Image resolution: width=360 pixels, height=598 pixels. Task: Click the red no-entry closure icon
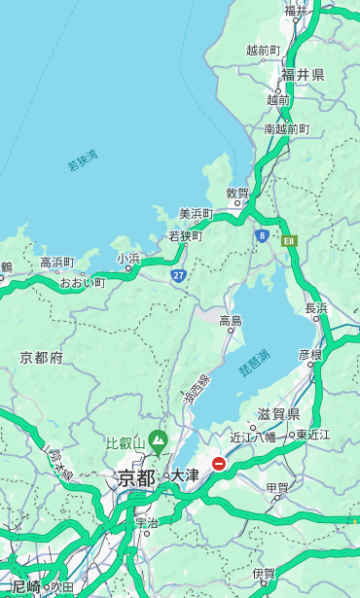tap(219, 465)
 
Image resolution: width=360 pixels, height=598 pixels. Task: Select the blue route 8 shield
tap(262, 235)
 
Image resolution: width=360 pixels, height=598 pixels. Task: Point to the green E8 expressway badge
tap(289, 240)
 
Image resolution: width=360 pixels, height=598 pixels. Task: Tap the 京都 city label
tap(136, 477)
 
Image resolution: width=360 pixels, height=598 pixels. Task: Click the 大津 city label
tap(184, 476)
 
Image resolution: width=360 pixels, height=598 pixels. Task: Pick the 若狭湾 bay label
tap(83, 160)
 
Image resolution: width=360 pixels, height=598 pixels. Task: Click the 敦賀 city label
tap(238, 193)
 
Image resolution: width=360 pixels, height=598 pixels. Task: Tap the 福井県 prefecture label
tap(303, 75)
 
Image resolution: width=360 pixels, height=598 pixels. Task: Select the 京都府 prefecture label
tap(42, 358)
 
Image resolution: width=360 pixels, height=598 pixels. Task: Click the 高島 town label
tap(231, 320)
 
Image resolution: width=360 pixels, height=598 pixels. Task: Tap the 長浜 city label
tap(316, 308)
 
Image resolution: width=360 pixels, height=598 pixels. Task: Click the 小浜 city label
tap(128, 259)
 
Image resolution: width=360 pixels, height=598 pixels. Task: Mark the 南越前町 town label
tap(286, 128)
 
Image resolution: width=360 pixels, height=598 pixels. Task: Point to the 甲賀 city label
tap(277, 488)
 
